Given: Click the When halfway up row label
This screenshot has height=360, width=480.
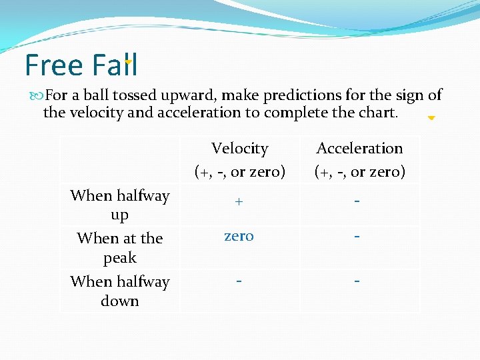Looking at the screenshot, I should [x=120, y=205].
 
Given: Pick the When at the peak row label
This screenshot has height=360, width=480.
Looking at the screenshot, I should [x=120, y=247].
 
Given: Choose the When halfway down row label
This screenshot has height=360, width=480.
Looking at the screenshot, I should [x=120, y=291].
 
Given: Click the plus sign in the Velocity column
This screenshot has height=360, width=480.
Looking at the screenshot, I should [x=239, y=201].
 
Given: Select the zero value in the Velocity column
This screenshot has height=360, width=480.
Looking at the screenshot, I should [x=239, y=236].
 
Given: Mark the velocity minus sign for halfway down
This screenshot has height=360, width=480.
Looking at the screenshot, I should [x=239, y=280].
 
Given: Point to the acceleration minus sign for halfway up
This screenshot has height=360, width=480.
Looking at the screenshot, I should [x=358, y=201].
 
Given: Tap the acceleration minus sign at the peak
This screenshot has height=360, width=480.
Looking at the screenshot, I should [x=358, y=237].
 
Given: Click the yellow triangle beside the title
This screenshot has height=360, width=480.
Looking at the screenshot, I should [x=129, y=63].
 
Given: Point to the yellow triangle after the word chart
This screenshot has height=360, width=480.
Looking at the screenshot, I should [x=431, y=118].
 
